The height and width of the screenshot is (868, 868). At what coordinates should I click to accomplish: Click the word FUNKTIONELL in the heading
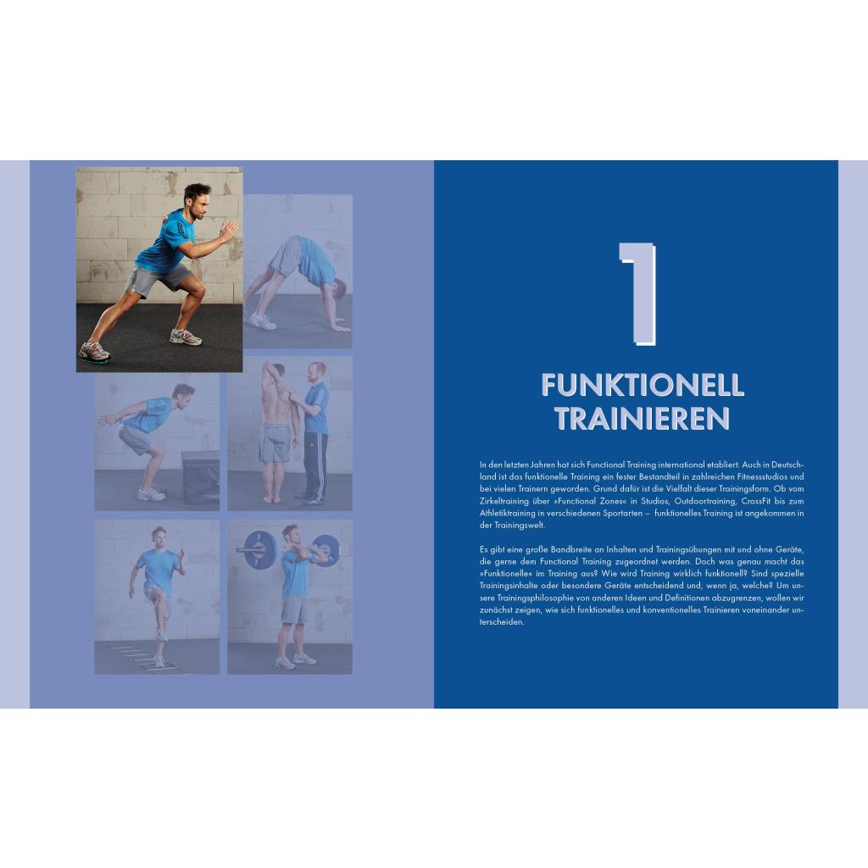tap(643, 386)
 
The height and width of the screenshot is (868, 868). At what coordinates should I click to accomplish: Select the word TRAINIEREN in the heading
tap(643, 419)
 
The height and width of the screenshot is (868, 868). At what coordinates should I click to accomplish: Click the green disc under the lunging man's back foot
tap(94, 359)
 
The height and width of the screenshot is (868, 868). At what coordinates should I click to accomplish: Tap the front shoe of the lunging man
tap(185, 336)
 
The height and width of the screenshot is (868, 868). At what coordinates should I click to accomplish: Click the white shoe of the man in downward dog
tap(261, 321)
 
